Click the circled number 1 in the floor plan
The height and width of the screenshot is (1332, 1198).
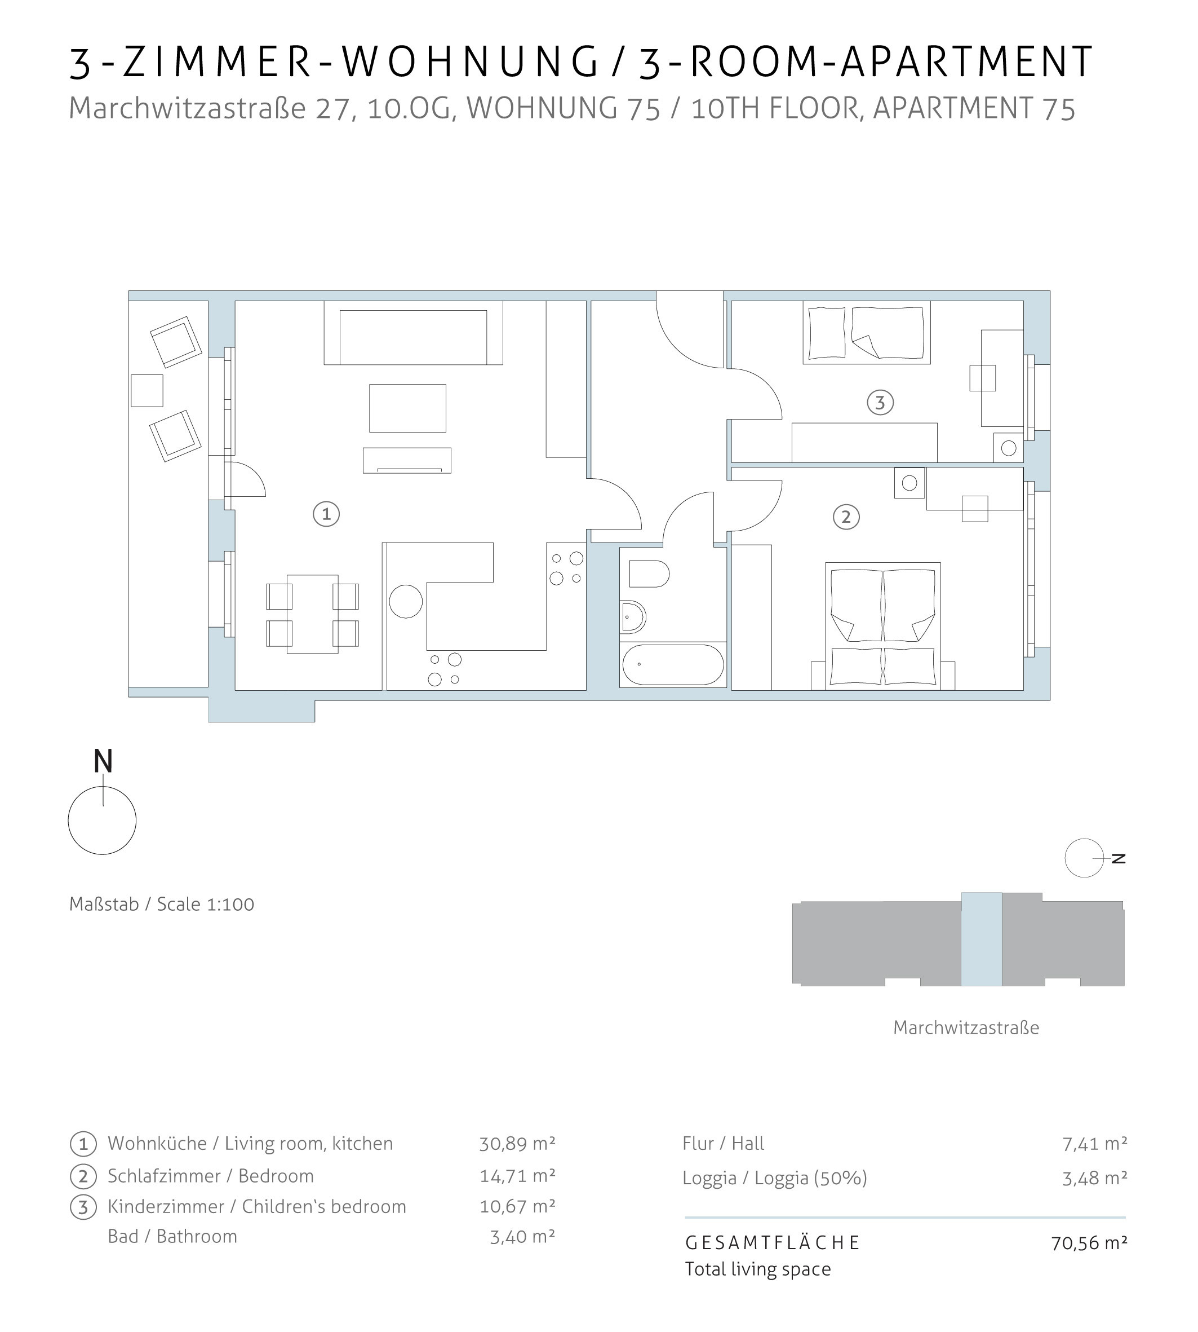tap(326, 514)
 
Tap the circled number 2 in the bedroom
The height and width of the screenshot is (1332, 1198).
tap(846, 517)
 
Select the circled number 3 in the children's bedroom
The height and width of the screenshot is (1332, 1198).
tap(880, 402)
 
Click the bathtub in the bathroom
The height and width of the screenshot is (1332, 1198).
tap(673, 665)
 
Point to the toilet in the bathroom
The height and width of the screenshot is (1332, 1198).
tap(649, 574)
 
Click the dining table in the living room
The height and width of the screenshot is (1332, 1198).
tap(313, 614)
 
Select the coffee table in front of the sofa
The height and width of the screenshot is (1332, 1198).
tap(407, 408)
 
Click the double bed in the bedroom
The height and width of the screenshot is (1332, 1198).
tap(882, 626)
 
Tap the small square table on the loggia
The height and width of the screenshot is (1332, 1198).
tap(147, 391)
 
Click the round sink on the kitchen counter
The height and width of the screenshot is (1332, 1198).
tap(406, 602)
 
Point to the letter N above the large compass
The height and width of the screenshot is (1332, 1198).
tap(103, 761)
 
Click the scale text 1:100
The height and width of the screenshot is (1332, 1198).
tap(230, 905)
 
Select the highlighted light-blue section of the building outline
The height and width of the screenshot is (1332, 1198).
tap(982, 939)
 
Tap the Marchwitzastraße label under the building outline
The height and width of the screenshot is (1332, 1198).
tap(966, 1027)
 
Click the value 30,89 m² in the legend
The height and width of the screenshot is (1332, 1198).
tap(517, 1144)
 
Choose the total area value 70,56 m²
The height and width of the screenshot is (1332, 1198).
tap(1089, 1242)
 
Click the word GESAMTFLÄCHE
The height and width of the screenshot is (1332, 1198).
tap(773, 1242)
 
